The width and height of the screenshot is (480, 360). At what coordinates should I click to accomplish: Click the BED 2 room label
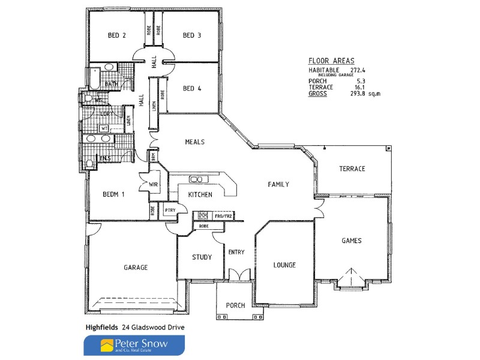116,35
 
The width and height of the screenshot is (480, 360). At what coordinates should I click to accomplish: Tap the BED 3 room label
191,35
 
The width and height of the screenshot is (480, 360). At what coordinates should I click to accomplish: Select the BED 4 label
191,89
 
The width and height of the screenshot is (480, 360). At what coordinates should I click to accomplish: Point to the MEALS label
195,142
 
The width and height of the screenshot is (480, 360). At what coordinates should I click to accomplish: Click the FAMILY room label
278,185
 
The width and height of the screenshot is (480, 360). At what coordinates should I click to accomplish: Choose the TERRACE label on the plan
352,169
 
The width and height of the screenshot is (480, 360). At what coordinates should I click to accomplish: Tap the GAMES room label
351,241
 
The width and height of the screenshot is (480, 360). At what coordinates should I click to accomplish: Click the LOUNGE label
284,265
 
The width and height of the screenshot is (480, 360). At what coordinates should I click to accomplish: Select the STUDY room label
202,257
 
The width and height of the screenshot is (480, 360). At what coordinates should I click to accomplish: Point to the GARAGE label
136,268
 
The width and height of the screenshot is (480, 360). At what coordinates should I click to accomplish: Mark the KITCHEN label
200,195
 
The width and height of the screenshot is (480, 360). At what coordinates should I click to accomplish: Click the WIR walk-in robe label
153,184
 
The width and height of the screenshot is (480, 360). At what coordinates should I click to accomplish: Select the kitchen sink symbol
196,179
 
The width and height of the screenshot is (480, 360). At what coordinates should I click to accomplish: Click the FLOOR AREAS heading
331,61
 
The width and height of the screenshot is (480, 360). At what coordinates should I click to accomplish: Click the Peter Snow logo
134,346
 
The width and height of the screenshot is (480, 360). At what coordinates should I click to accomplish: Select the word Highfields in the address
100,327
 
